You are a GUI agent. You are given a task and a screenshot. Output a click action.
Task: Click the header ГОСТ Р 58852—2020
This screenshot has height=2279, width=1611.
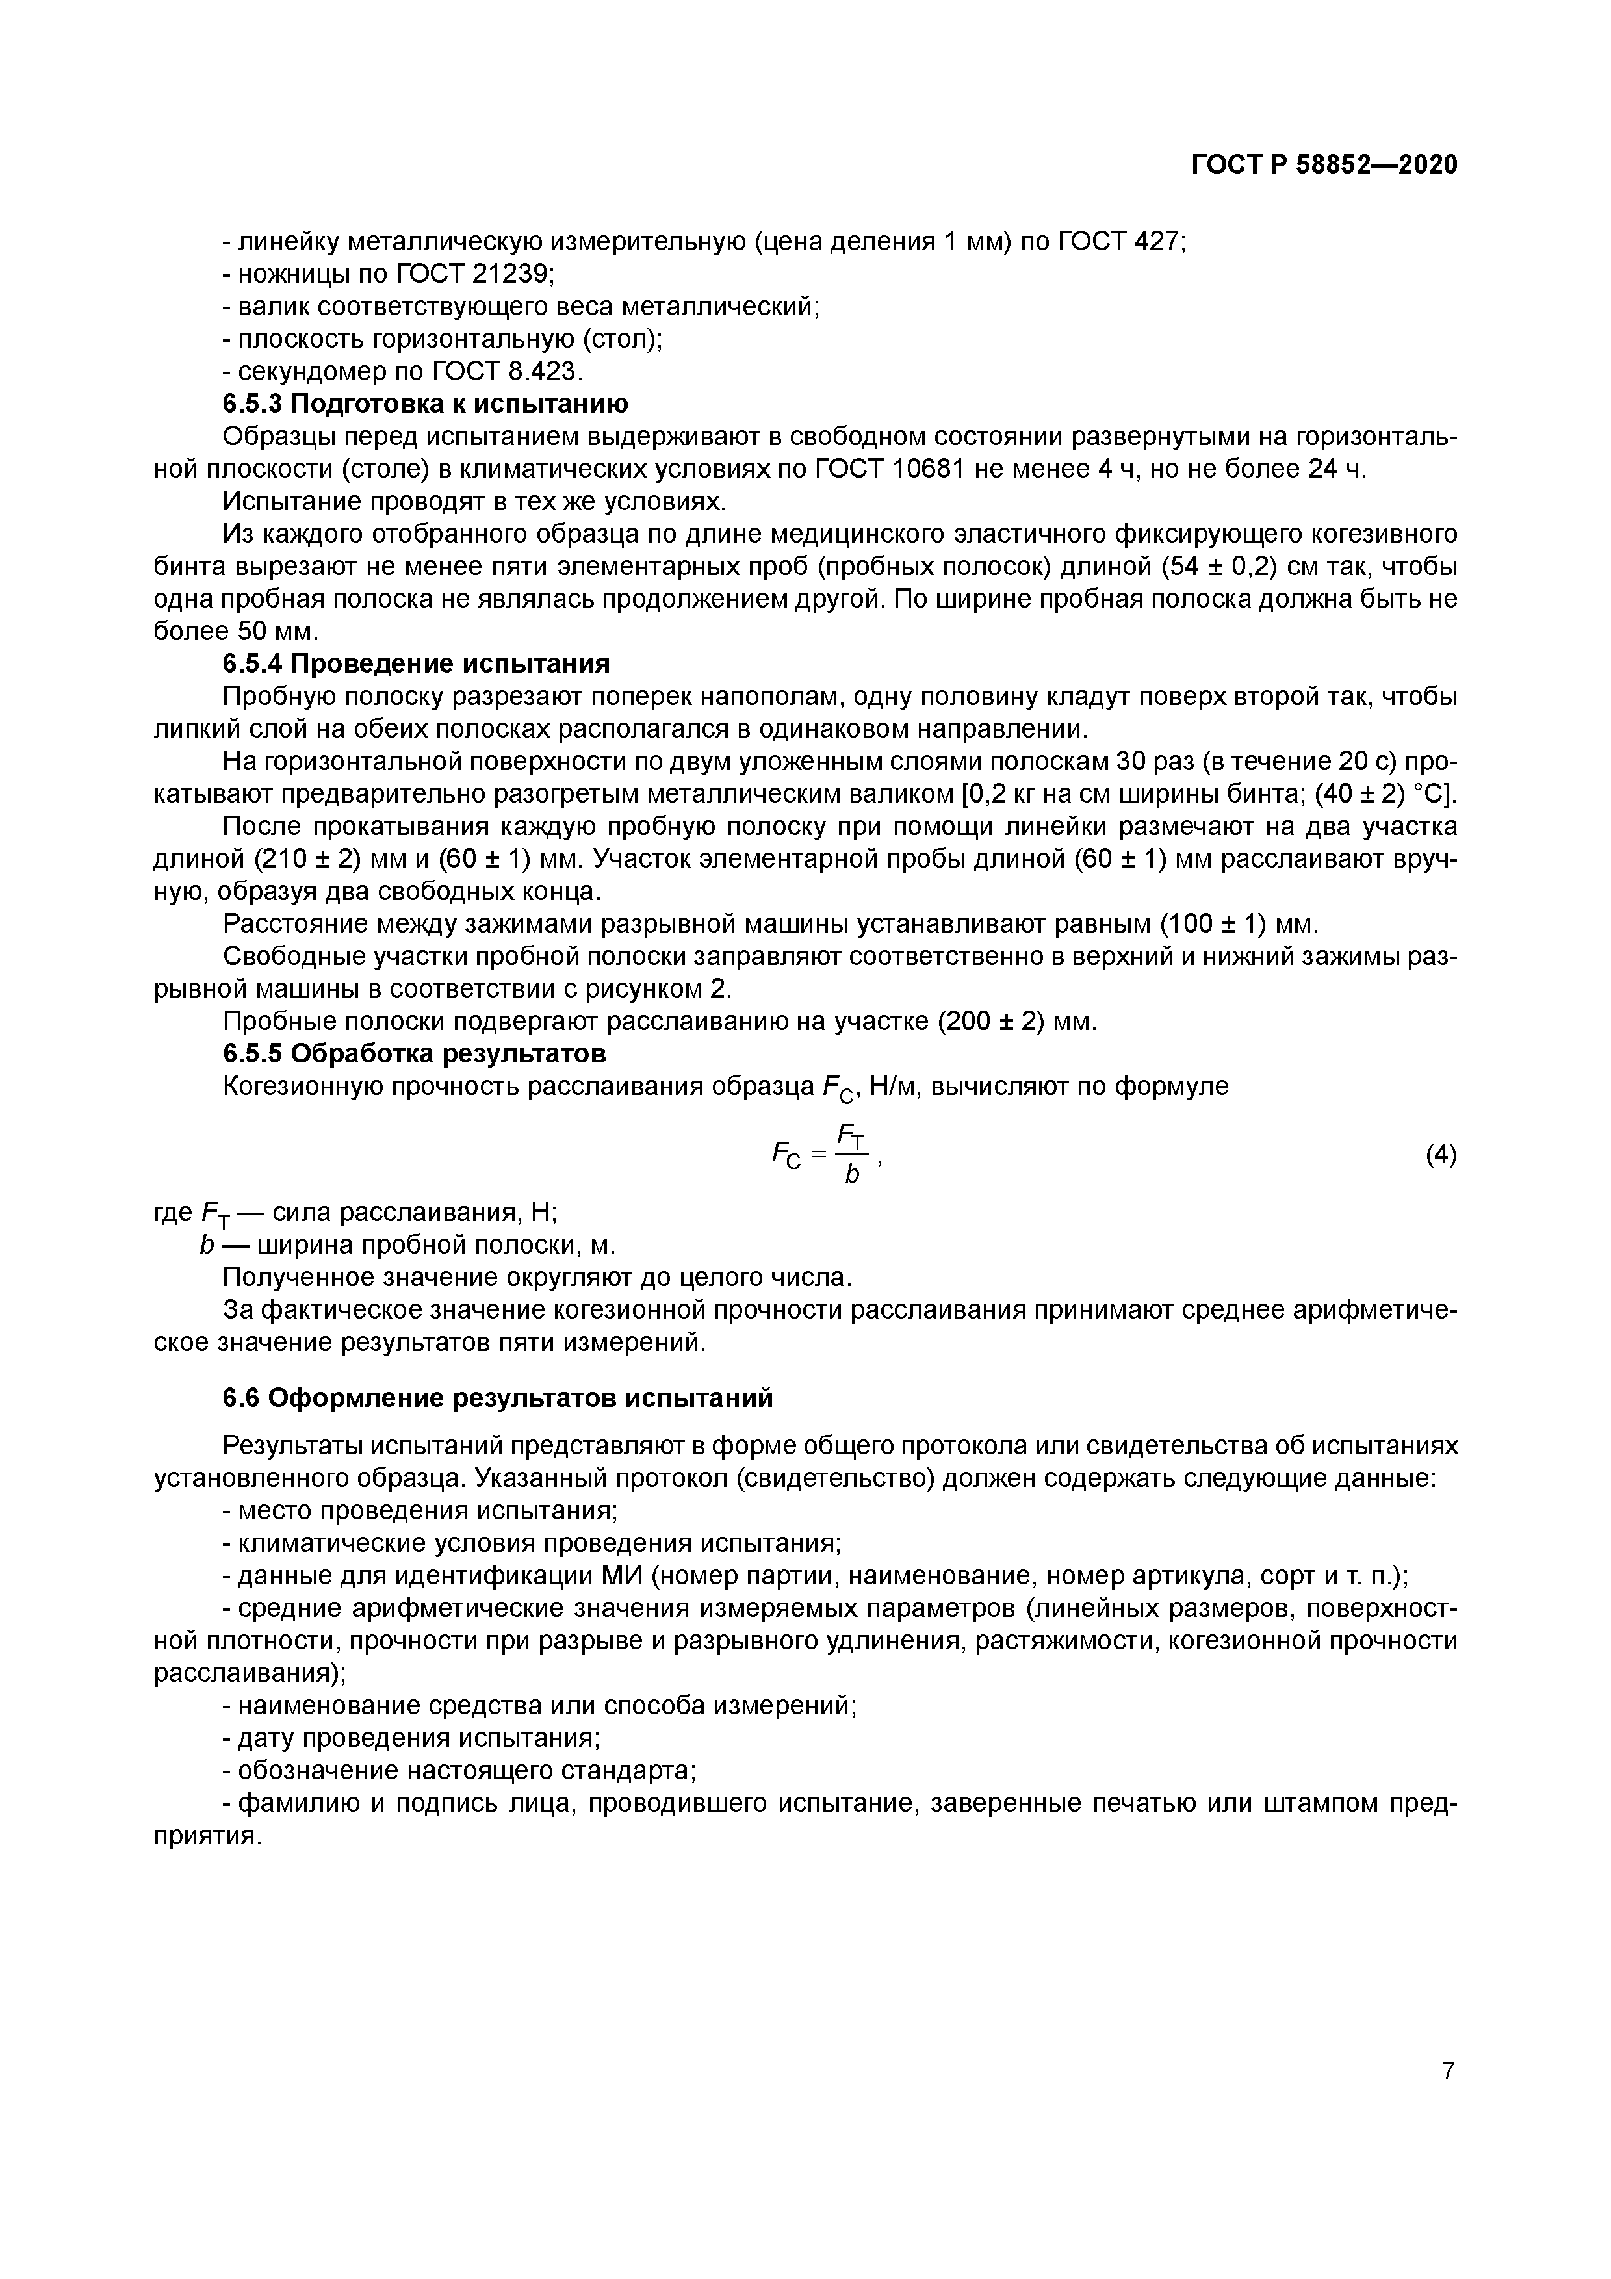pos(1324,165)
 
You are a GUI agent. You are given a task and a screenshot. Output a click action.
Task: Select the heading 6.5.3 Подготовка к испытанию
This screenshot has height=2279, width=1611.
pos(425,404)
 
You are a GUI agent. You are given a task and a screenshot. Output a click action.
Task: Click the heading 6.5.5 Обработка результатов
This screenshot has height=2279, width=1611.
pos(414,1052)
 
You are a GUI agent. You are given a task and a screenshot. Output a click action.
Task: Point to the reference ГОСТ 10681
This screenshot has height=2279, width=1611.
pos(890,469)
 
